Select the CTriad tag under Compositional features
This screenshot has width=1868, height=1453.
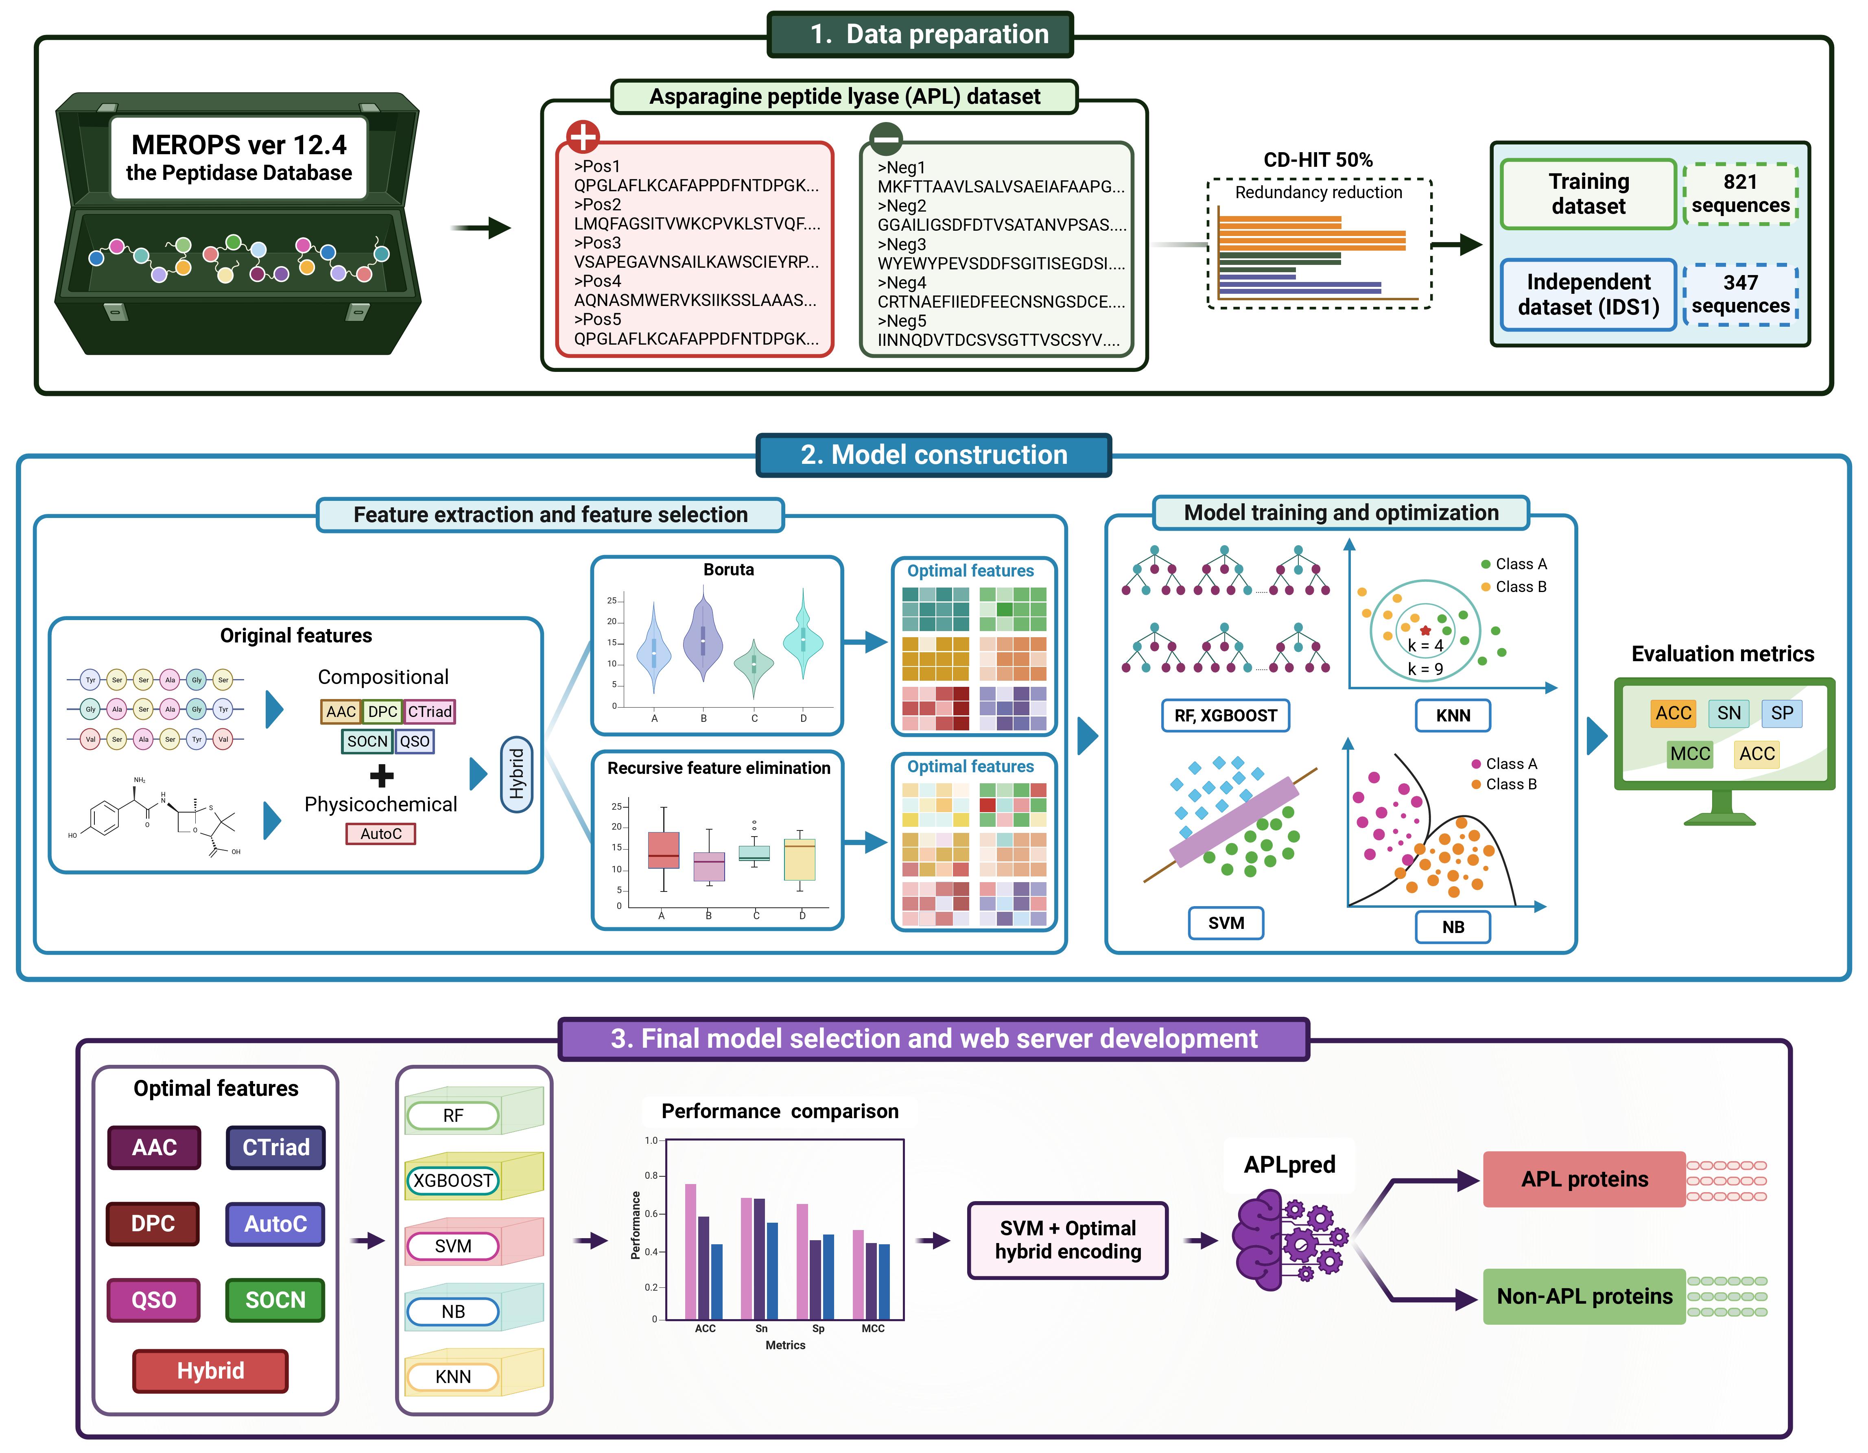[x=429, y=712]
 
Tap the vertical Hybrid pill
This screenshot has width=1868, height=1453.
[x=517, y=774]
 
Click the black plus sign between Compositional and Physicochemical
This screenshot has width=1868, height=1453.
[x=382, y=776]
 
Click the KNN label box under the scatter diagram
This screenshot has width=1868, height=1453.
[x=1452, y=716]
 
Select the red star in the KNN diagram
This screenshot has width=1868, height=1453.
[x=1425, y=630]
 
